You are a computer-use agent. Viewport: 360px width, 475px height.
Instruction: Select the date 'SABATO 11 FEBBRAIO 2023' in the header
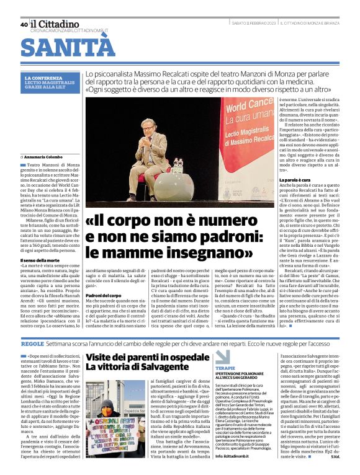(x=251, y=24)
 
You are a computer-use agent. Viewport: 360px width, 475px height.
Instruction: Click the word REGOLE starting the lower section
(x=32, y=343)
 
